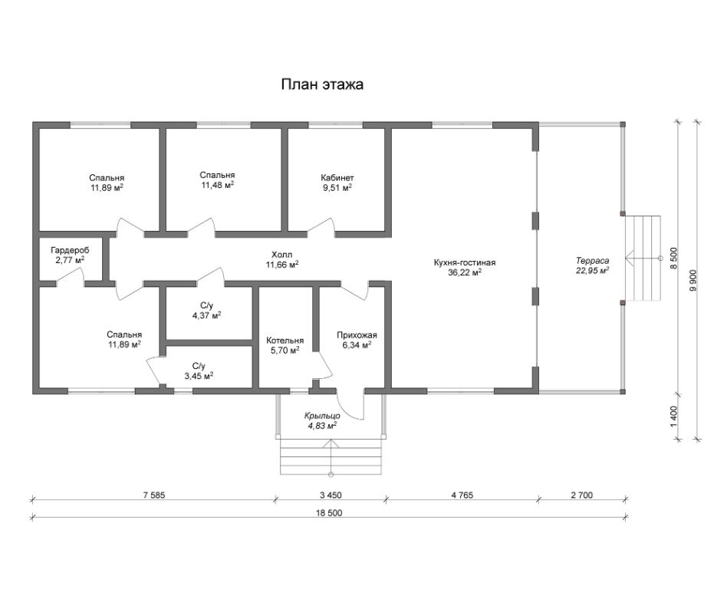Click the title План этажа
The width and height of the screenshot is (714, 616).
pos(322,84)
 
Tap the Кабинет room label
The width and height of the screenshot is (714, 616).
pos(337,178)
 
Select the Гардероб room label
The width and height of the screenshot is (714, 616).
pos(70,250)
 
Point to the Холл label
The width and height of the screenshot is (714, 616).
pos(282,254)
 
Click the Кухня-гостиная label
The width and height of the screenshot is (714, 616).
pos(465,262)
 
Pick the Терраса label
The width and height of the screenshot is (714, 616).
pos(592,261)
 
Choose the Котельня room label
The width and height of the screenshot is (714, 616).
pos(285,341)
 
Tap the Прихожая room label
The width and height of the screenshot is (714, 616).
pos(357,335)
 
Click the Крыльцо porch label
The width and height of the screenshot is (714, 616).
pos(322,416)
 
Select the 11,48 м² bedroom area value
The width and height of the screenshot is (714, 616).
pos(218,185)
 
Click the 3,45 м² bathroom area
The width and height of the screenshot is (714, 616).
pos(199,376)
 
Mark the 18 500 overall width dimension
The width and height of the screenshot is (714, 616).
pos(329,513)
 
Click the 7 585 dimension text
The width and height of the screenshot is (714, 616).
pos(154,496)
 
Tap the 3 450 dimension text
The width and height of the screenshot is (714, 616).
pos(331,496)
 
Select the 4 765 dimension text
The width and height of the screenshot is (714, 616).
pos(462,496)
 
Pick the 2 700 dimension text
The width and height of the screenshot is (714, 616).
pos(582,496)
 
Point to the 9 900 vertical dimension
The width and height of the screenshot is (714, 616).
pos(693,281)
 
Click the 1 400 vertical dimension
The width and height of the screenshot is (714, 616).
pos(674,416)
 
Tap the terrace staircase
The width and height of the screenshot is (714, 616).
pos(643,258)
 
